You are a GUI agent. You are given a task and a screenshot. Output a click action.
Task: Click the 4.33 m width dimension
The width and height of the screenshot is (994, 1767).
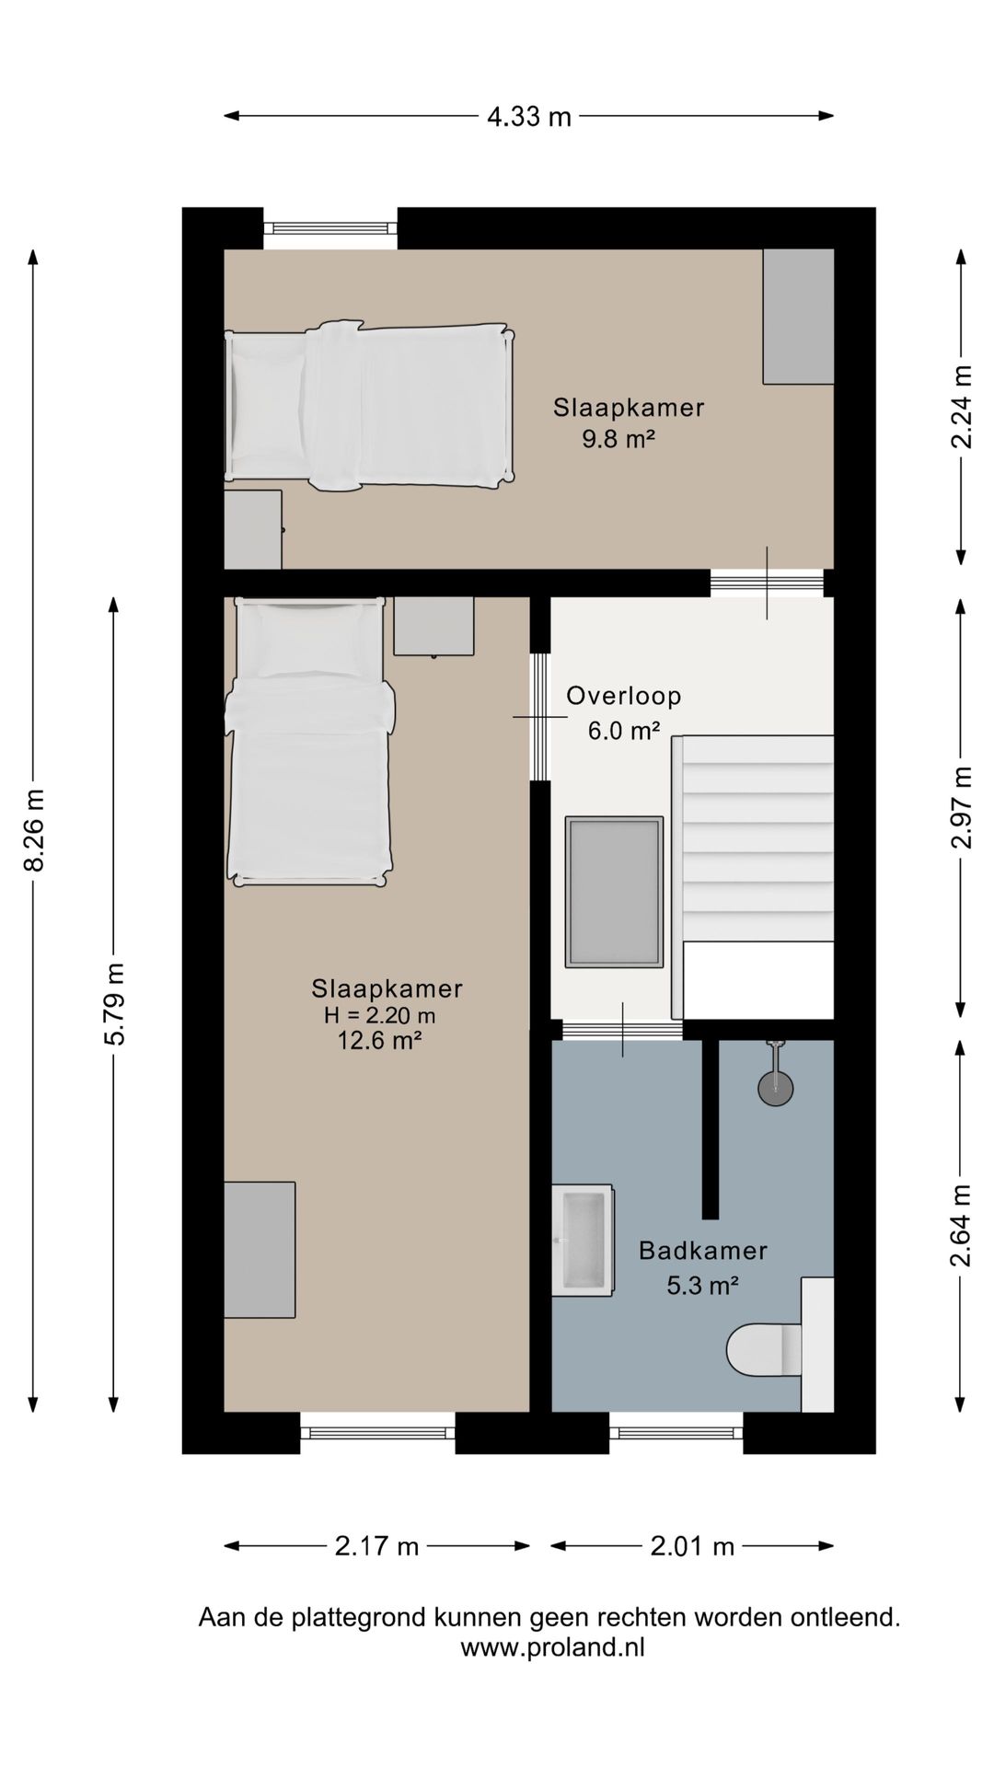pyautogui.click(x=529, y=117)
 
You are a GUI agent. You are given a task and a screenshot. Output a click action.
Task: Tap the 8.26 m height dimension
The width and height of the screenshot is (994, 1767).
pyautogui.click(x=34, y=830)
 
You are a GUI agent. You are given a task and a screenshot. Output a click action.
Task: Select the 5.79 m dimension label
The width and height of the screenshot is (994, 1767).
pyautogui.click(x=114, y=1004)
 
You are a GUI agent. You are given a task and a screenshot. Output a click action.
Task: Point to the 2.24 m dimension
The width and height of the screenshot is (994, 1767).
pyautogui.click(x=961, y=407)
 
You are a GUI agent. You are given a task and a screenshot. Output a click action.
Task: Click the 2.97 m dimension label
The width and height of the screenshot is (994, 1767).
pyautogui.click(x=961, y=807)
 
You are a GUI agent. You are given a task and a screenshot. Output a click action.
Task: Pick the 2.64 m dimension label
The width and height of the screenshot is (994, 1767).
pyautogui.click(x=961, y=1225)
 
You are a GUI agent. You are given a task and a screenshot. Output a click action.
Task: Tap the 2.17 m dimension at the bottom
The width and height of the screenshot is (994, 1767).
pyautogui.click(x=376, y=1546)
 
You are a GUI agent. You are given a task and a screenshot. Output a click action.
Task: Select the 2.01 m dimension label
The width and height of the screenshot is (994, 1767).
pyautogui.click(x=692, y=1546)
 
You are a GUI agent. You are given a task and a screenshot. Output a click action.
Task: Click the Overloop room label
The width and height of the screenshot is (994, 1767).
pyautogui.click(x=624, y=696)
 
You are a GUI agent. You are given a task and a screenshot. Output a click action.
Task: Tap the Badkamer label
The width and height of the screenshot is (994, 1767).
pyautogui.click(x=703, y=1251)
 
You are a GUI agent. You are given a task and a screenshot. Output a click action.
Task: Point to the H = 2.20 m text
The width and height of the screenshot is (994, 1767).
pyautogui.click(x=379, y=1016)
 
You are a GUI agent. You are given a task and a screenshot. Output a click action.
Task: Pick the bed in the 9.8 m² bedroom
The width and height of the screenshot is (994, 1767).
pyautogui.click(x=369, y=406)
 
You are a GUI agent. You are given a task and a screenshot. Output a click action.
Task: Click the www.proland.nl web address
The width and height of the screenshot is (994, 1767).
pyautogui.click(x=552, y=1647)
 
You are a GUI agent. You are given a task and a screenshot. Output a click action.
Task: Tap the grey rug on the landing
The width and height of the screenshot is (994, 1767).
pyautogui.click(x=614, y=892)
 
